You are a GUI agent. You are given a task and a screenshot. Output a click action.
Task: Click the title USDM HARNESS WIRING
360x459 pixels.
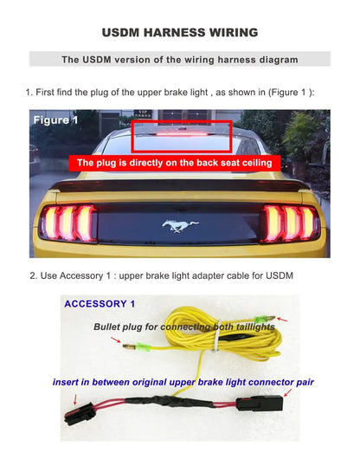(179, 32)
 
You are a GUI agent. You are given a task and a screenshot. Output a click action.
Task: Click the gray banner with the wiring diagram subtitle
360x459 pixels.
(179, 60)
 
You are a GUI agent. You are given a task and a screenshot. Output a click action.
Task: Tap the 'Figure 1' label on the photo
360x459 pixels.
(55, 120)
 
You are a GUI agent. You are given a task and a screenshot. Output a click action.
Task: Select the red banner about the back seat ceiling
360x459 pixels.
(186, 162)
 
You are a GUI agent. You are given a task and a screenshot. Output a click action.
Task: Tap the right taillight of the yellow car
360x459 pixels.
(292, 223)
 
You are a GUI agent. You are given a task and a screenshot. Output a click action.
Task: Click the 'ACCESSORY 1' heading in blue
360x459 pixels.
(100, 304)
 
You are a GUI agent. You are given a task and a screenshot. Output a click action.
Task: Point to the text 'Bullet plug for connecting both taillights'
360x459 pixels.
(184, 327)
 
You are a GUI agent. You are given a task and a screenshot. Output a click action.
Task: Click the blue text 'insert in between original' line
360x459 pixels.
(183, 382)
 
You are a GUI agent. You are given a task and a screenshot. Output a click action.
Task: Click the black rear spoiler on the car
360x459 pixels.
(180, 184)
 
